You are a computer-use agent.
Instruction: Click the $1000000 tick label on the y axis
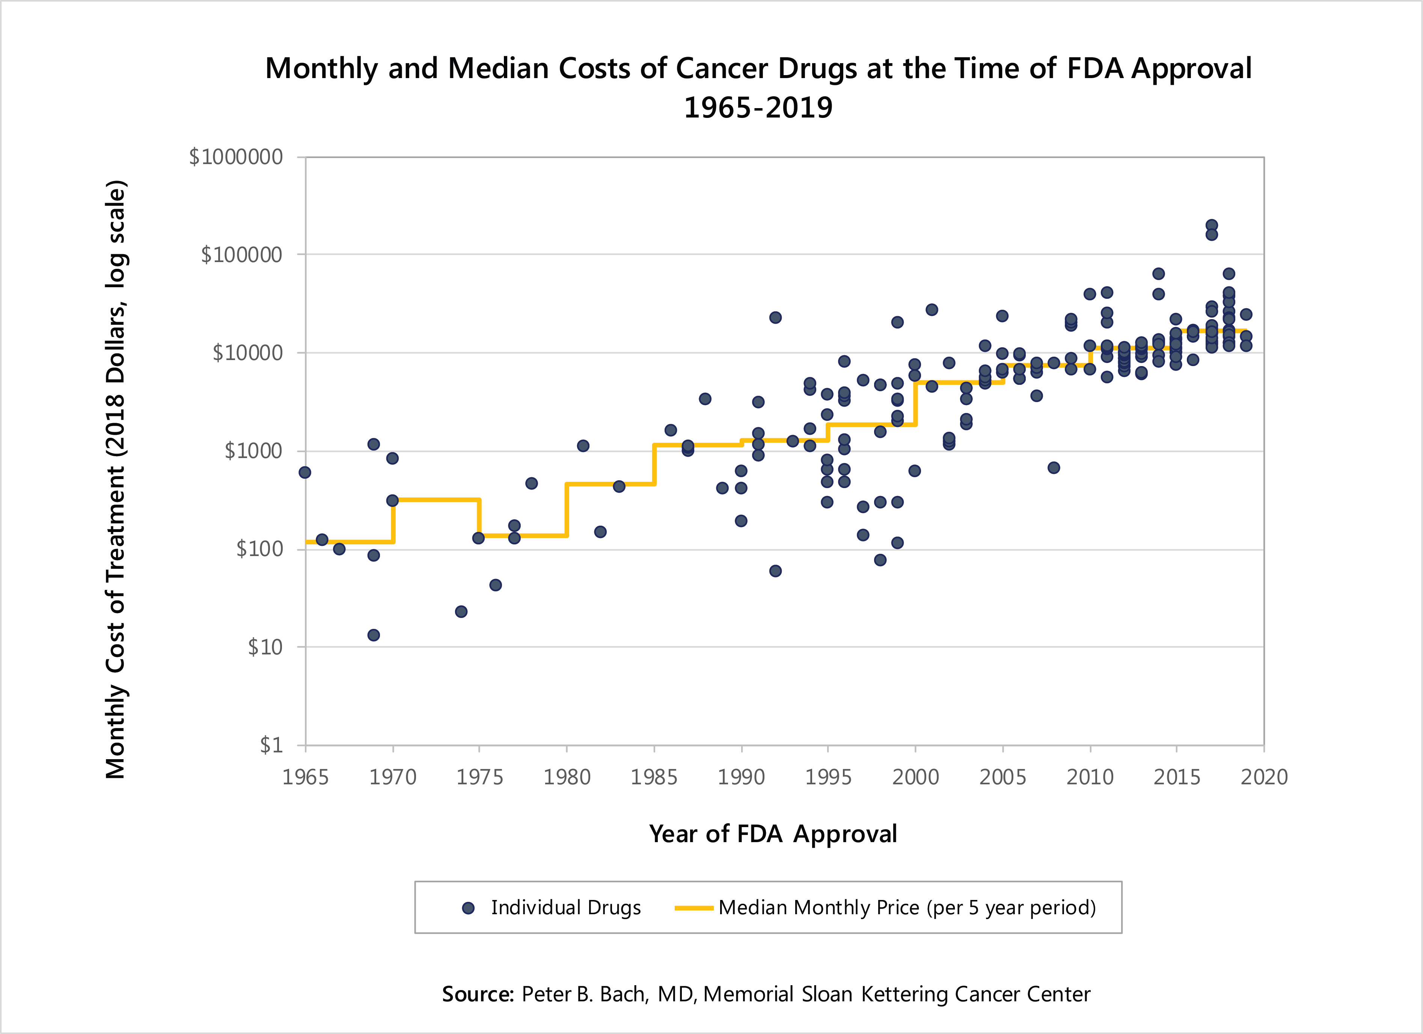(x=236, y=157)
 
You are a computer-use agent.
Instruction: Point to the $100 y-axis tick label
(x=259, y=549)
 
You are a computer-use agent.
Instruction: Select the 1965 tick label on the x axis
(x=306, y=778)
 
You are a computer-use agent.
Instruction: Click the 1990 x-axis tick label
(x=741, y=778)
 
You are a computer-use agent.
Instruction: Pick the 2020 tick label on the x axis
(x=1264, y=778)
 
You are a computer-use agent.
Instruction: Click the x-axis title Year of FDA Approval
(x=773, y=834)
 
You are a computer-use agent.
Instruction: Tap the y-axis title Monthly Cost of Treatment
(x=116, y=480)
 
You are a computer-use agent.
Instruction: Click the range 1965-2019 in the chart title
(x=758, y=108)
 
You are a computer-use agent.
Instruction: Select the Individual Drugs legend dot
(x=468, y=908)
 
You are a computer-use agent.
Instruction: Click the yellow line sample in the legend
(x=693, y=908)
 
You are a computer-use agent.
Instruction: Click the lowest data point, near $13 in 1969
(x=373, y=635)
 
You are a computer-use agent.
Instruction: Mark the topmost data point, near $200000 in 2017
(x=1212, y=225)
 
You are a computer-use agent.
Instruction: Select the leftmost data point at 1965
(x=305, y=472)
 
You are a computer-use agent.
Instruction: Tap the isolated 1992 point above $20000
(x=775, y=318)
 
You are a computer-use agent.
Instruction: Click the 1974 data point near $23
(x=461, y=612)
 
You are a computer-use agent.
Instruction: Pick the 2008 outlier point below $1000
(x=1054, y=467)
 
